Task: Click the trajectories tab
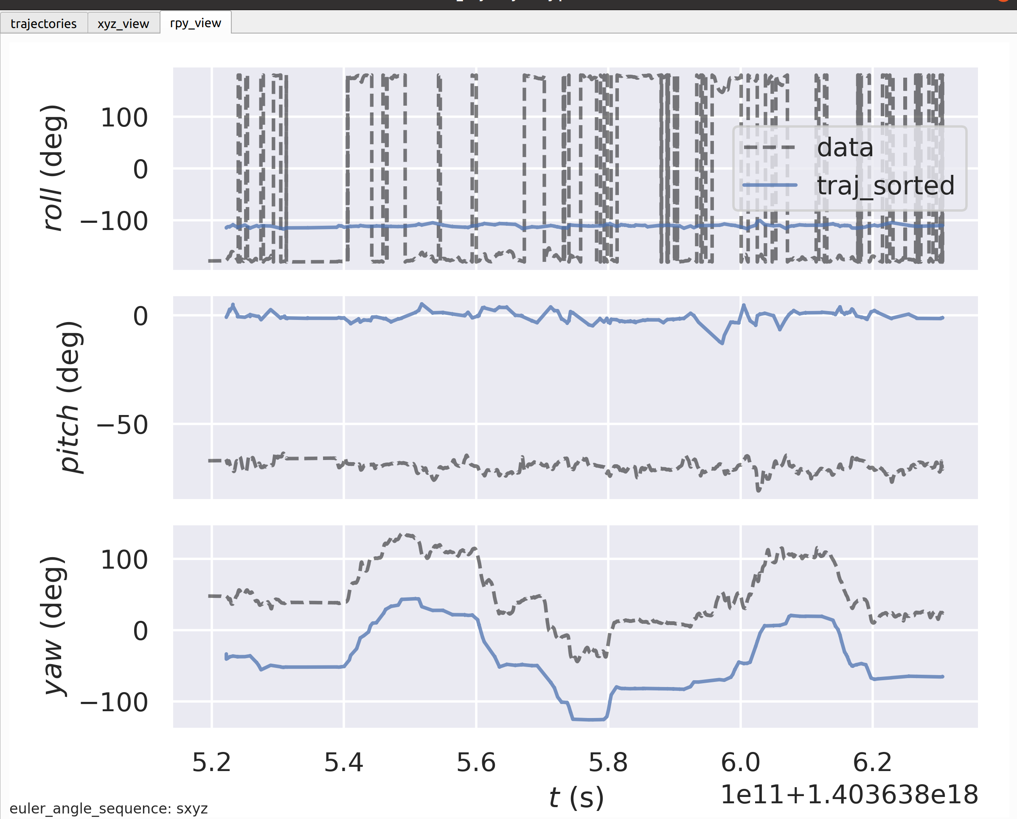43,23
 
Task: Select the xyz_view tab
123,23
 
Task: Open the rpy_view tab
195,22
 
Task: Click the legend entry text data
845,148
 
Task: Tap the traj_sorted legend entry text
885,185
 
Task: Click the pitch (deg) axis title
69,397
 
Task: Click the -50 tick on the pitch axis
122,425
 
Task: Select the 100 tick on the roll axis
124,118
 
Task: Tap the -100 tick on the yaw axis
114,702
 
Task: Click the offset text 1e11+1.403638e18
848,794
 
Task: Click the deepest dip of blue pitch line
722,343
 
